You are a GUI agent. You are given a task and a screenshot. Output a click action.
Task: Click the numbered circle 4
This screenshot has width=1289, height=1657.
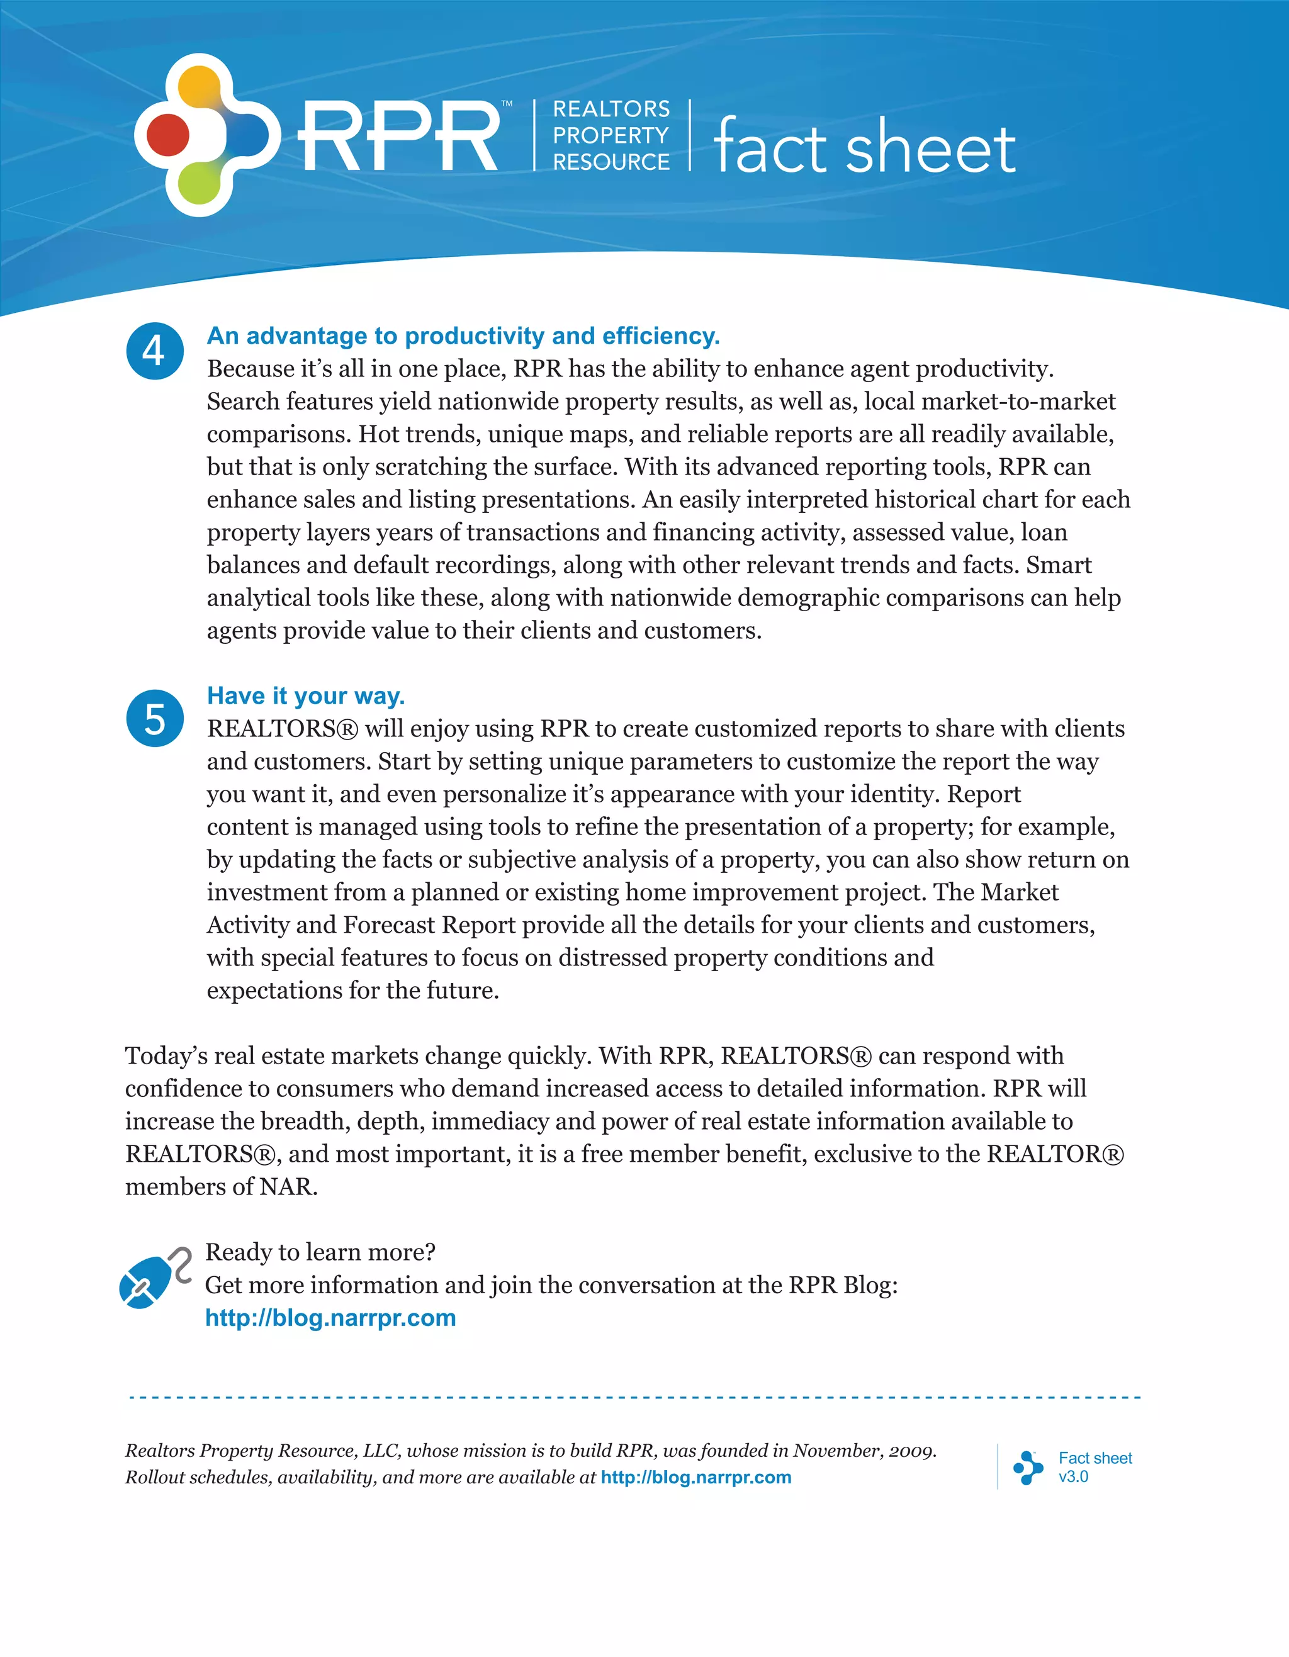(x=155, y=351)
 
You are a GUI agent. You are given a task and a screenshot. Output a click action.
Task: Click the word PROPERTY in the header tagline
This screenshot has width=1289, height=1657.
(x=611, y=135)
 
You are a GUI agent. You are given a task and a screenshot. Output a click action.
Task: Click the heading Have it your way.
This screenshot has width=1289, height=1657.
(x=306, y=696)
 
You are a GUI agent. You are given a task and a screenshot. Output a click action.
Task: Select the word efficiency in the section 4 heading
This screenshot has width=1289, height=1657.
(x=660, y=335)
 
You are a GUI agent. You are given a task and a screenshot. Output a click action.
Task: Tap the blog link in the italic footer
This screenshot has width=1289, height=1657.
(x=695, y=1477)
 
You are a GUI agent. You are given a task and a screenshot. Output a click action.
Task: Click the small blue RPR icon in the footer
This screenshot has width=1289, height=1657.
(x=1027, y=1468)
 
